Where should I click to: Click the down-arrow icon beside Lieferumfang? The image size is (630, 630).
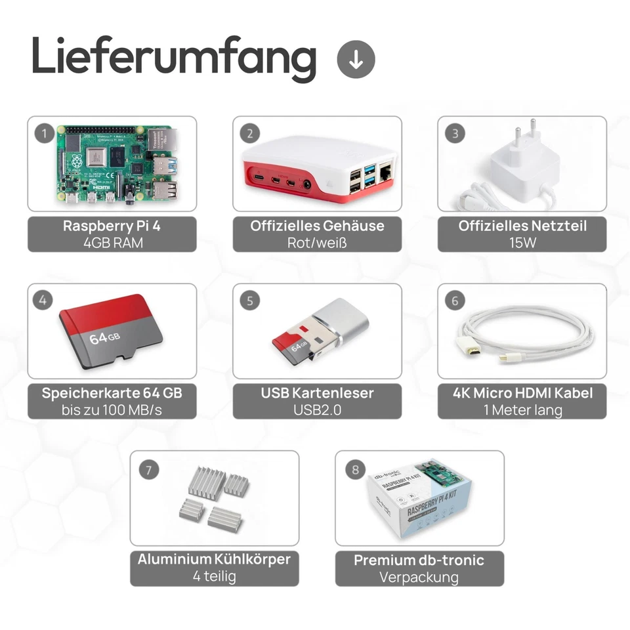(x=356, y=60)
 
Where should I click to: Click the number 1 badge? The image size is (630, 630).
(x=45, y=134)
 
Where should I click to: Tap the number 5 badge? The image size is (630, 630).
(x=250, y=301)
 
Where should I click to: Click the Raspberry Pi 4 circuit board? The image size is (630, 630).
(x=118, y=164)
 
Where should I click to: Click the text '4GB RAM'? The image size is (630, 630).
(x=112, y=242)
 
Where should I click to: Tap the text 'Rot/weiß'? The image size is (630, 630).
(x=317, y=242)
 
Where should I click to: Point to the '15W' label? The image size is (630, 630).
(x=522, y=242)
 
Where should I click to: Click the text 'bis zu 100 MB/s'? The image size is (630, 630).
(x=112, y=410)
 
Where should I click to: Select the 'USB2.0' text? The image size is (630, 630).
(x=317, y=410)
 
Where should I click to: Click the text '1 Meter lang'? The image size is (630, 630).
(x=522, y=410)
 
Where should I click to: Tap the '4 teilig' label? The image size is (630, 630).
(x=214, y=577)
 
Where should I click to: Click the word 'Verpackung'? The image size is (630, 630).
(x=419, y=577)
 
